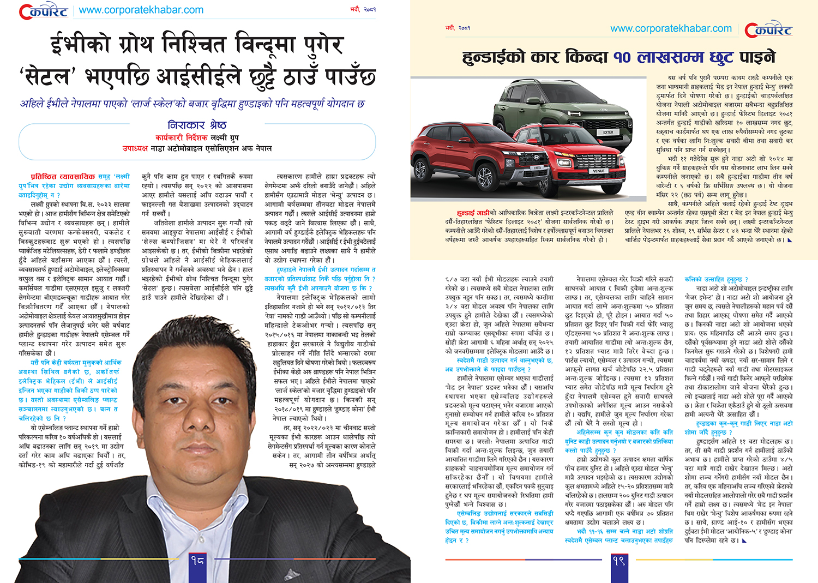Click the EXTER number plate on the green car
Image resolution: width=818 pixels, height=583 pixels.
coord(608,132)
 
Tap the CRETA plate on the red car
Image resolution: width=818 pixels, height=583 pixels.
coord(537,168)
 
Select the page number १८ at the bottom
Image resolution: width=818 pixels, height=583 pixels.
coord(197,560)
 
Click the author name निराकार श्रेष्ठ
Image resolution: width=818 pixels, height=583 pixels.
coord(197,125)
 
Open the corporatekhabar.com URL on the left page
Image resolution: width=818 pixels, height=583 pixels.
coord(141,10)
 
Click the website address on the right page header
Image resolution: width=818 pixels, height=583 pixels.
coord(671,28)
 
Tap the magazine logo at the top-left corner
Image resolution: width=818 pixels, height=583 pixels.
coord(44,11)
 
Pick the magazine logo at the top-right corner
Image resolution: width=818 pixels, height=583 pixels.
coord(768,30)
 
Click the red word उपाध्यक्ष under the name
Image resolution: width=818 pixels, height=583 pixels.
coord(135,148)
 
